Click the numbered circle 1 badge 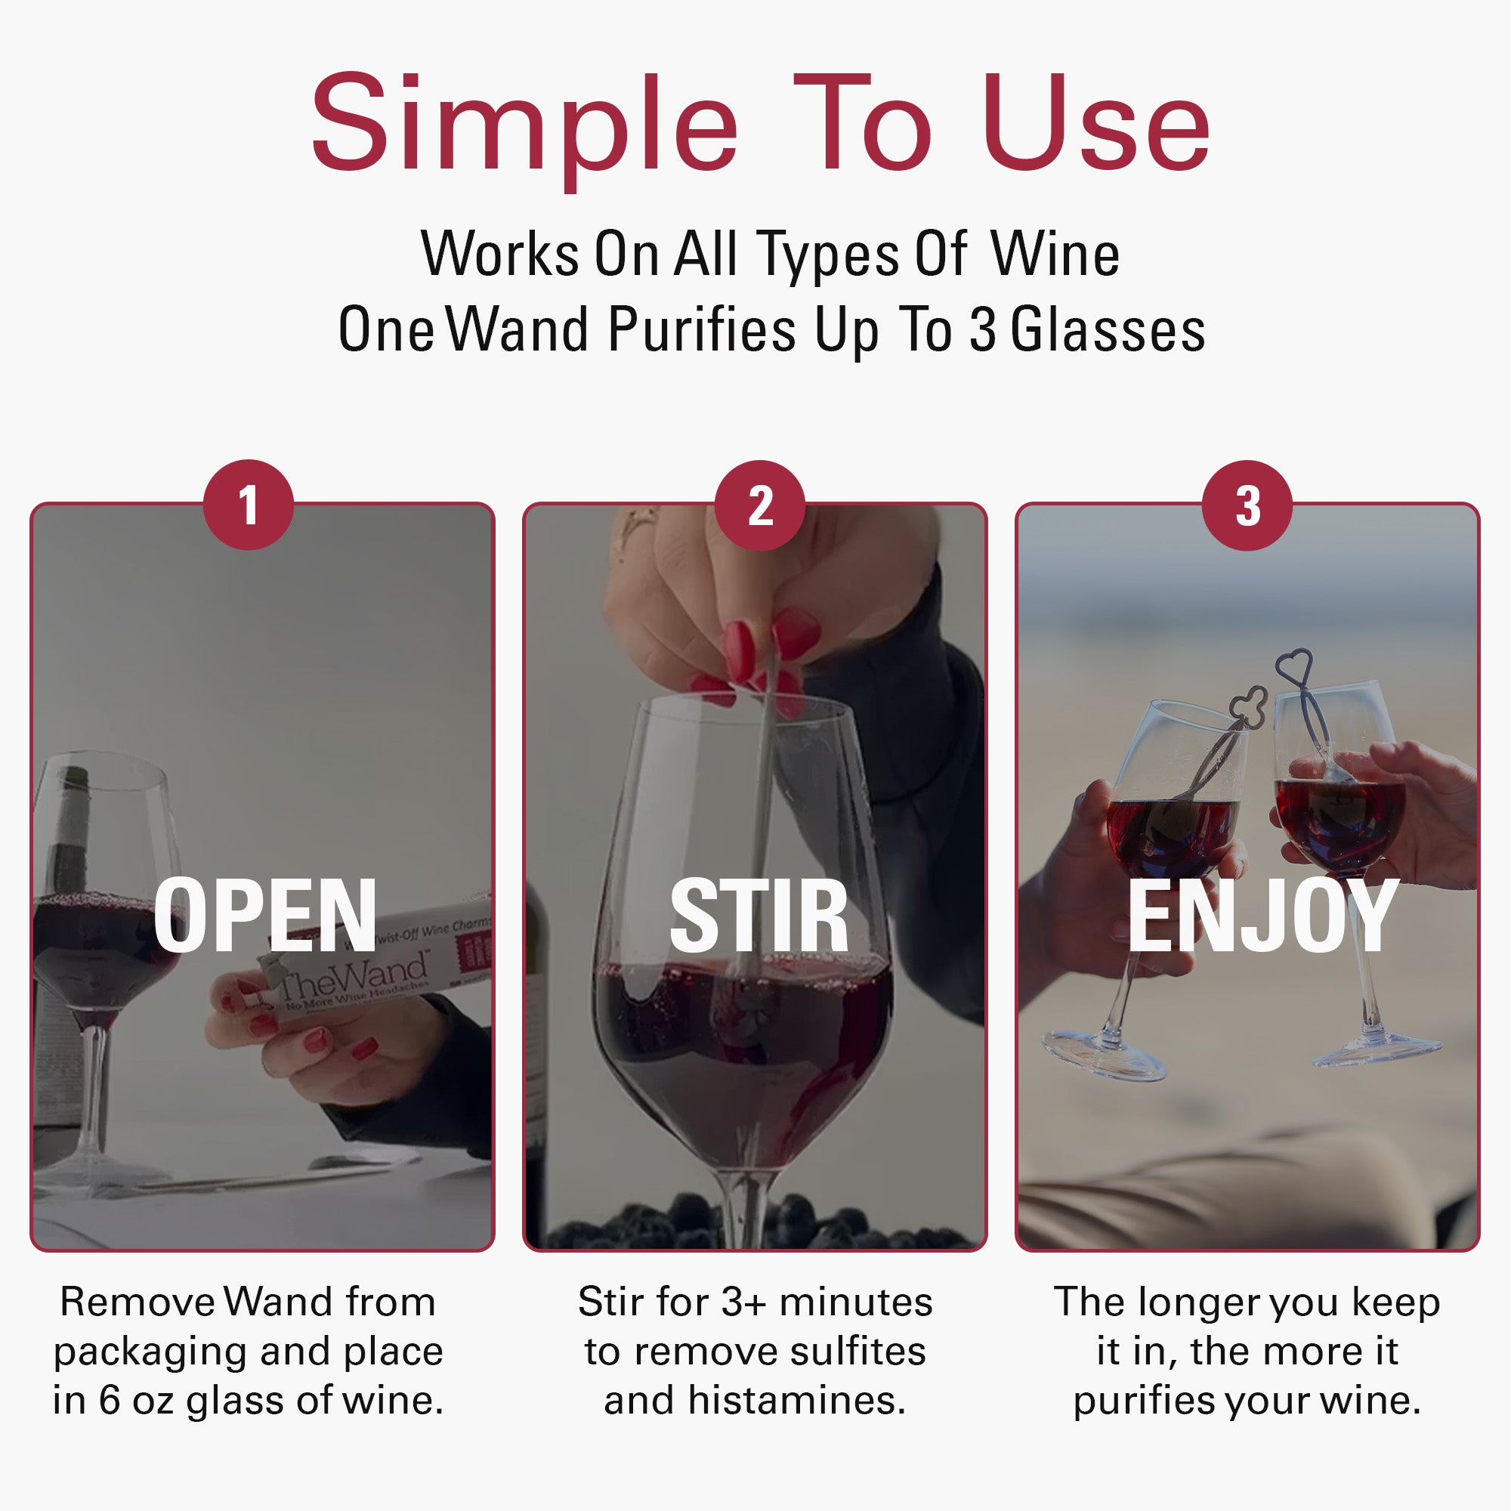[248, 505]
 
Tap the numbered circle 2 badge [759, 505]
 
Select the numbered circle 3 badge [1247, 505]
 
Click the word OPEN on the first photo [265, 914]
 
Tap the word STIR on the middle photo [759, 914]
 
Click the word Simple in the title [524, 125]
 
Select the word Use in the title [1095, 125]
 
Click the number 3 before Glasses [983, 329]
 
